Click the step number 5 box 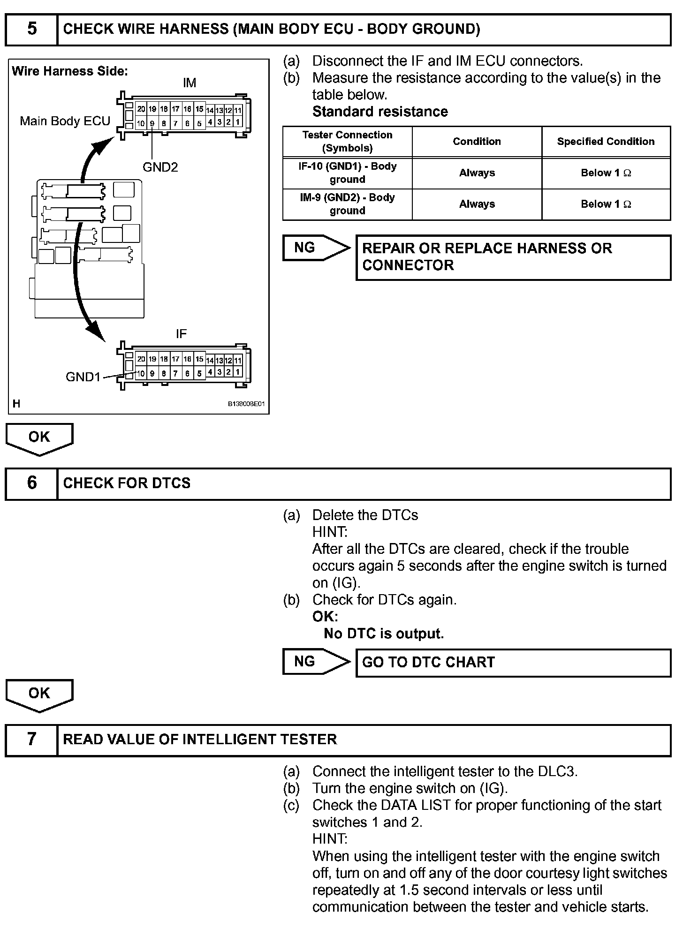coord(31,29)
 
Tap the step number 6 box coord(31,483)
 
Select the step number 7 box coord(31,740)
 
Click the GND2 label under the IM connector coord(160,167)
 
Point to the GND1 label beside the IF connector coord(83,377)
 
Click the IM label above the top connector coord(190,83)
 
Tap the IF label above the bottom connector coord(181,334)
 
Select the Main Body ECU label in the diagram coord(65,121)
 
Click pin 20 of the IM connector coord(141,109)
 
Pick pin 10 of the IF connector coord(141,374)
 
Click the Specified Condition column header coord(606,142)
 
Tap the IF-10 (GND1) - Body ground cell coord(347,173)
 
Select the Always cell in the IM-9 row coord(477,204)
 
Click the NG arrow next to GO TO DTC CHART coord(315,662)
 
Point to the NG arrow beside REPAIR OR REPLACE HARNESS coord(315,248)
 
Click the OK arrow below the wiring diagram coord(39,438)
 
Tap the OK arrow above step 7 coord(39,694)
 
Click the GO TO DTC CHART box coord(513,663)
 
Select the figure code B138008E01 coord(247,404)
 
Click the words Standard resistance coord(380,112)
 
